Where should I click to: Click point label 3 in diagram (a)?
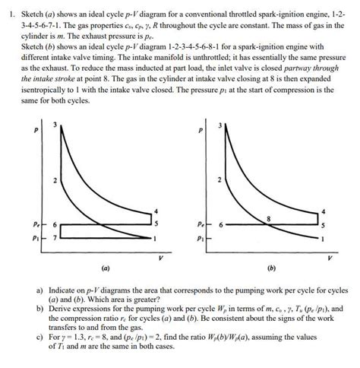point(54,125)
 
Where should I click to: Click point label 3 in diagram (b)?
point(221,125)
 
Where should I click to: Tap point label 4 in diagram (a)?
point(156,210)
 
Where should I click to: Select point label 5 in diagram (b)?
point(324,225)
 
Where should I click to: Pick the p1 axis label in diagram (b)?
point(199,240)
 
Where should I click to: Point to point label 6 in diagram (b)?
point(220,225)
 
